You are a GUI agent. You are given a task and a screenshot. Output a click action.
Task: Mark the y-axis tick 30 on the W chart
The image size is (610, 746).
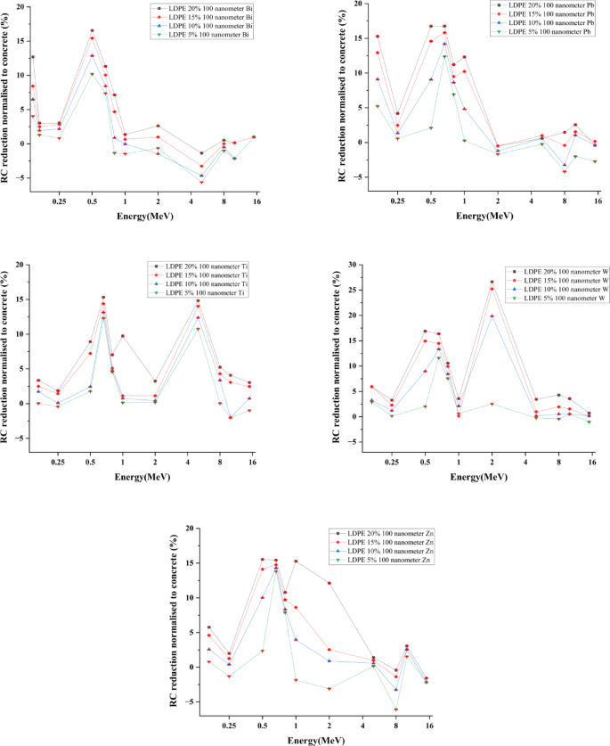click(353, 265)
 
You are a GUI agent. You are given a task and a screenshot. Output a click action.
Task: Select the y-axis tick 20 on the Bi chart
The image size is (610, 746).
click(20, 7)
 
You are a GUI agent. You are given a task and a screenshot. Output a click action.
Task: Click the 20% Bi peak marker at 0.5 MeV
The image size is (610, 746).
click(92, 30)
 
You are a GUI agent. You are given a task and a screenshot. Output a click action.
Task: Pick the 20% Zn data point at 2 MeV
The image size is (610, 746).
click(329, 583)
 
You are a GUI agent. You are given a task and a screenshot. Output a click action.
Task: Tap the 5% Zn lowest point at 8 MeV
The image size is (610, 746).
click(396, 709)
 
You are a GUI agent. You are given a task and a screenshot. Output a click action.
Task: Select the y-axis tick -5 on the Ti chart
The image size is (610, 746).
click(21, 439)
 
